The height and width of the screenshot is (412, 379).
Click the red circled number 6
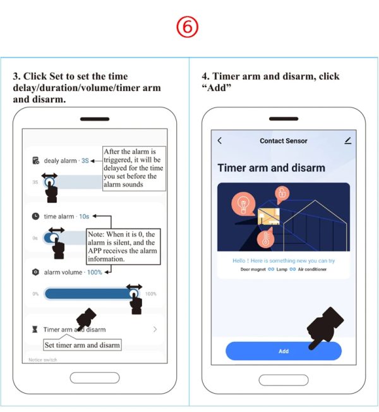[x=187, y=27]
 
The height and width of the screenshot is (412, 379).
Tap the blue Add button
[x=284, y=351]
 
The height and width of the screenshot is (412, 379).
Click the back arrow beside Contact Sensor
[x=220, y=140]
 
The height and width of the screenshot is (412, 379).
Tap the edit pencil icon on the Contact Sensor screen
[x=348, y=140]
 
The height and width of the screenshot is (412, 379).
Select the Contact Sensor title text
[x=284, y=141]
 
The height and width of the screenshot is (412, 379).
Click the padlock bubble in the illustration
[x=282, y=194]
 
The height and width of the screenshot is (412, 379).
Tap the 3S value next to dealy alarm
[x=85, y=161]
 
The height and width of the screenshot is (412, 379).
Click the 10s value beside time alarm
[x=84, y=217]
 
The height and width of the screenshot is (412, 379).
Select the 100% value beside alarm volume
[x=94, y=272]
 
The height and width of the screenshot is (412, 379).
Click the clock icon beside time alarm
[x=35, y=216]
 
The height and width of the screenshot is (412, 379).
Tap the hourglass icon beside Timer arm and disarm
[x=35, y=329]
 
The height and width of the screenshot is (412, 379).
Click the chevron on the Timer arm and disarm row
[x=155, y=329]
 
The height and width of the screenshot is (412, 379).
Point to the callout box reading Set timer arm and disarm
[x=82, y=345]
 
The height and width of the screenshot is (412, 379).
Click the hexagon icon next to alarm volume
[x=35, y=272]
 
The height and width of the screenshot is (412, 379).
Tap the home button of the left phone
[x=95, y=378]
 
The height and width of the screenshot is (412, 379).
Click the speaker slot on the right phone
[x=284, y=119]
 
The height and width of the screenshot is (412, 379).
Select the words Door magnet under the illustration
[x=253, y=269]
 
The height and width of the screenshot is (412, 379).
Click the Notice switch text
[x=43, y=360]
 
